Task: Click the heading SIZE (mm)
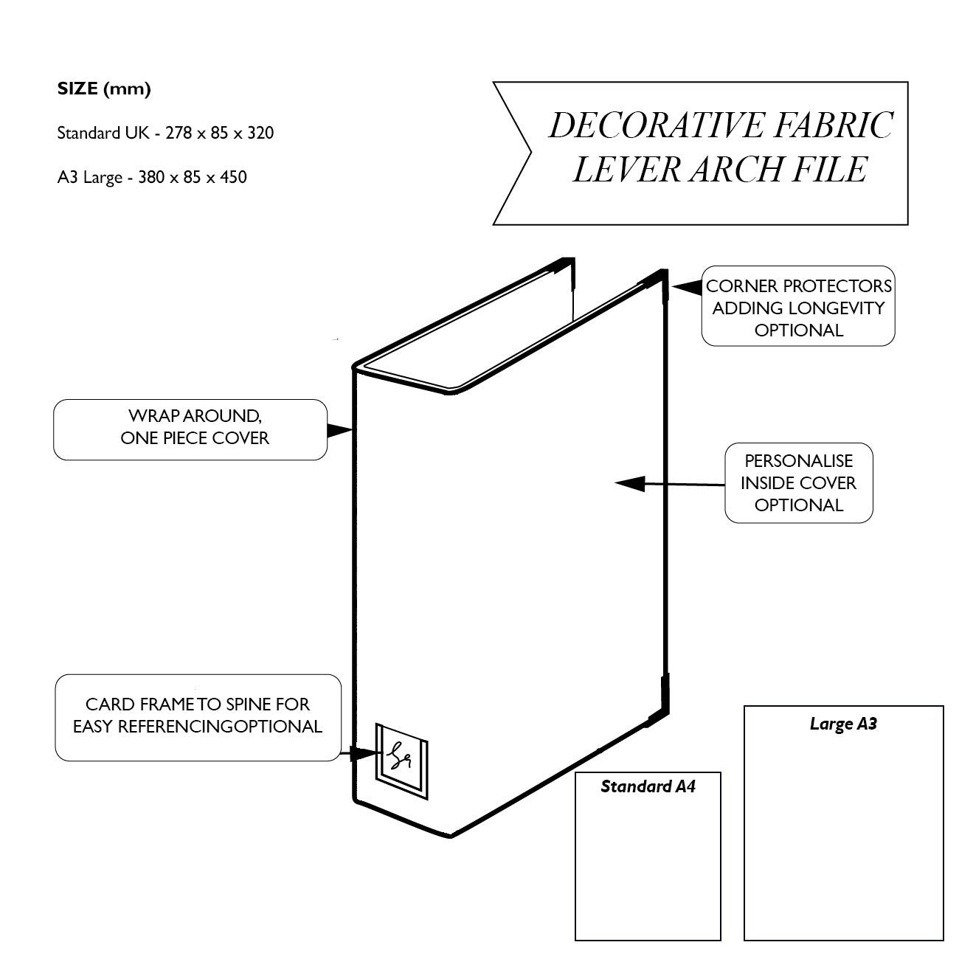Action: pyautogui.click(x=104, y=89)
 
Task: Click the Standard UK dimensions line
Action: pyautogui.click(x=165, y=134)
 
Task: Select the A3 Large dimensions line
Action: pyautogui.click(x=152, y=178)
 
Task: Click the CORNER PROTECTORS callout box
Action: pyautogui.click(x=798, y=307)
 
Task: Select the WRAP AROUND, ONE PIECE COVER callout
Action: pyautogui.click(x=190, y=429)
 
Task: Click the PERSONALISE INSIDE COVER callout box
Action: pyautogui.click(x=798, y=483)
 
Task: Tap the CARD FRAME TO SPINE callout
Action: pyautogui.click(x=198, y=716)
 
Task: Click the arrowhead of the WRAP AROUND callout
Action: pyautogui.click(x=342, y=429)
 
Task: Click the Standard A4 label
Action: pyautogui.click(x=648, y=786)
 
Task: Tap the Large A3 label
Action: pyautogui.click(x=843, y=724)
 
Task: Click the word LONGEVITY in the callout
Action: pyautogui.click(x=836, y=308)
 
